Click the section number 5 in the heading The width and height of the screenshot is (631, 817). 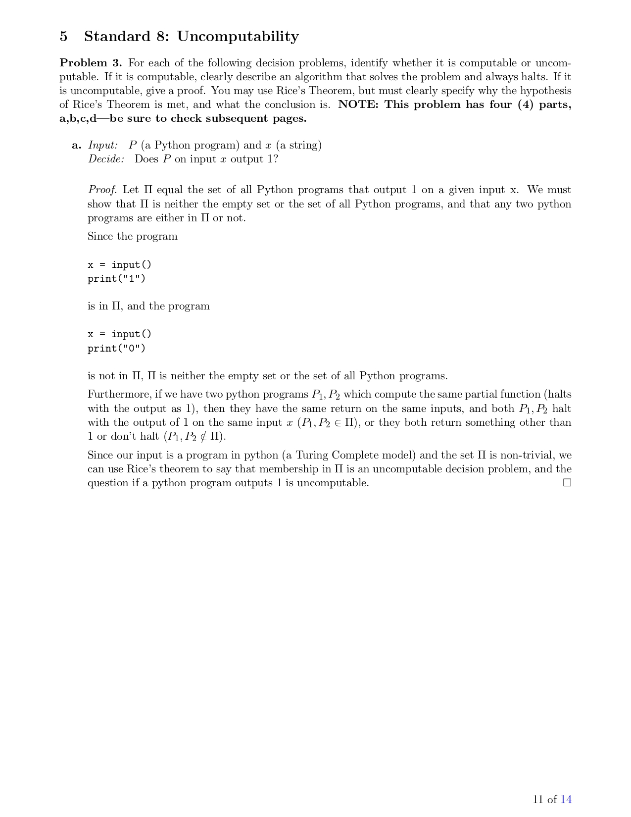[63, 37]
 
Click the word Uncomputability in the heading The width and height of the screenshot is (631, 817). [238, 37]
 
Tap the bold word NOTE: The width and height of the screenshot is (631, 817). [359, 104]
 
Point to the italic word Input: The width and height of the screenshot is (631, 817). [103, 145]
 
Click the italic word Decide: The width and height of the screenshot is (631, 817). [106, 159]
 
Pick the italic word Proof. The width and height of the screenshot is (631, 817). [102, 190]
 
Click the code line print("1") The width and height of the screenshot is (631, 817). [117, 278]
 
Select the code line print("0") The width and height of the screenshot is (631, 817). [117, 348]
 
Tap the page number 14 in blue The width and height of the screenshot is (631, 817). [566, 799]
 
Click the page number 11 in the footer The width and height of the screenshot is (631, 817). [538, 799]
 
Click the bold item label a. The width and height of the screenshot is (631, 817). [76, 145]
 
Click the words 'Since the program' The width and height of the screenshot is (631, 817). [133, 236]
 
